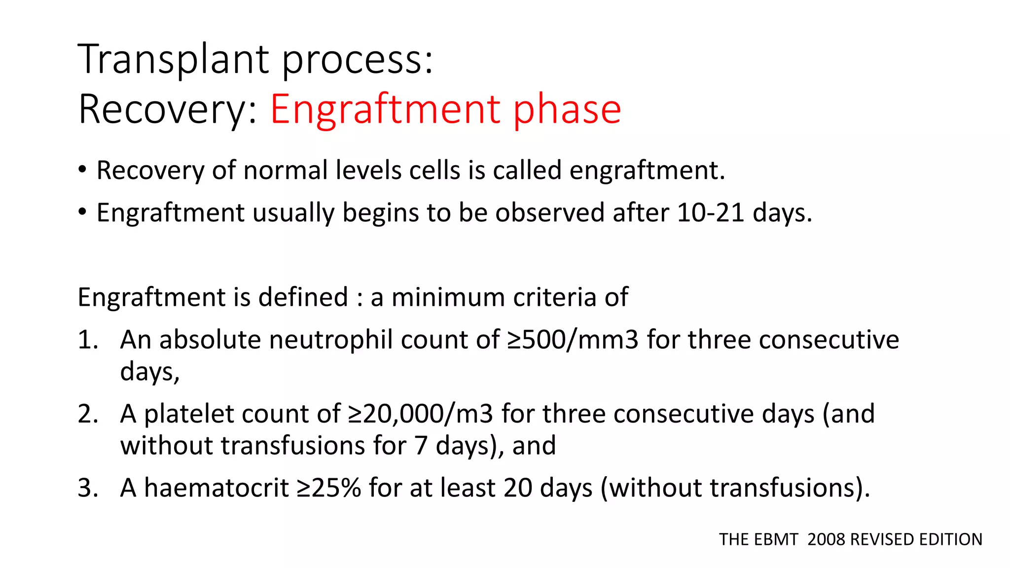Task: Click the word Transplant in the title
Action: point(175,59)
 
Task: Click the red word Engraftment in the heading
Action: point(385,109)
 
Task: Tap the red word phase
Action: point(567,109)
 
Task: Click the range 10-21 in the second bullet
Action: point(710,213)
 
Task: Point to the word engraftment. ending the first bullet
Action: point(647,171)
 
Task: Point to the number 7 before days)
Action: point(421,446)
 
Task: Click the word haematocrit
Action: point(216,488)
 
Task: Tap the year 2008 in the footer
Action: point(827,539)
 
